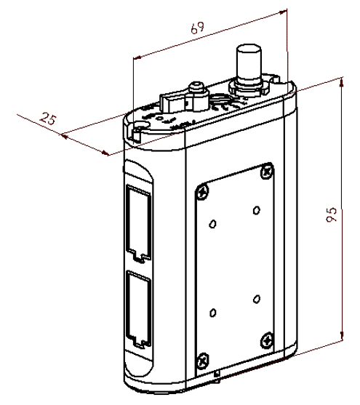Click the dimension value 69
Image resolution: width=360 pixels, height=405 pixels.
click(197, 28)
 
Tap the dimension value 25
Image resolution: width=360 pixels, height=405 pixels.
click(48, 119)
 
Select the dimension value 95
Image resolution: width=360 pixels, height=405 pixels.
click(331, 214)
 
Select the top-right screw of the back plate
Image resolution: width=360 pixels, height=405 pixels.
click(266, 171)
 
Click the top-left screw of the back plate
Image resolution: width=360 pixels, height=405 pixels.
click(203, 192)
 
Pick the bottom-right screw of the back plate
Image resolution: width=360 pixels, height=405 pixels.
click(266, 340)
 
